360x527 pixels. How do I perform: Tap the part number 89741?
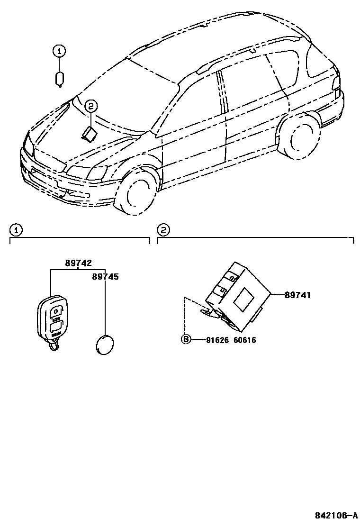point(297,295)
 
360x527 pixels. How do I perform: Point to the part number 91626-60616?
point(231,340)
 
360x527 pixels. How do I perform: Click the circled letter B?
point(186,339)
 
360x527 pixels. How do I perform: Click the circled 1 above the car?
point(59,51)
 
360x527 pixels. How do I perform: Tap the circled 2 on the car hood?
point(91,106)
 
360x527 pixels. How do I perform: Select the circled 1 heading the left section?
point(16,230)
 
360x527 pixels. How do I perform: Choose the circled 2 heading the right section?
point(163,230)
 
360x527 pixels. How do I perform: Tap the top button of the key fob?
point(56,311)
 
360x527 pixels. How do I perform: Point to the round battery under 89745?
point(105,344)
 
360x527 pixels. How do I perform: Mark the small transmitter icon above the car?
point(60,79)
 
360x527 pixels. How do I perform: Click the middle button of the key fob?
point(56,327)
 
